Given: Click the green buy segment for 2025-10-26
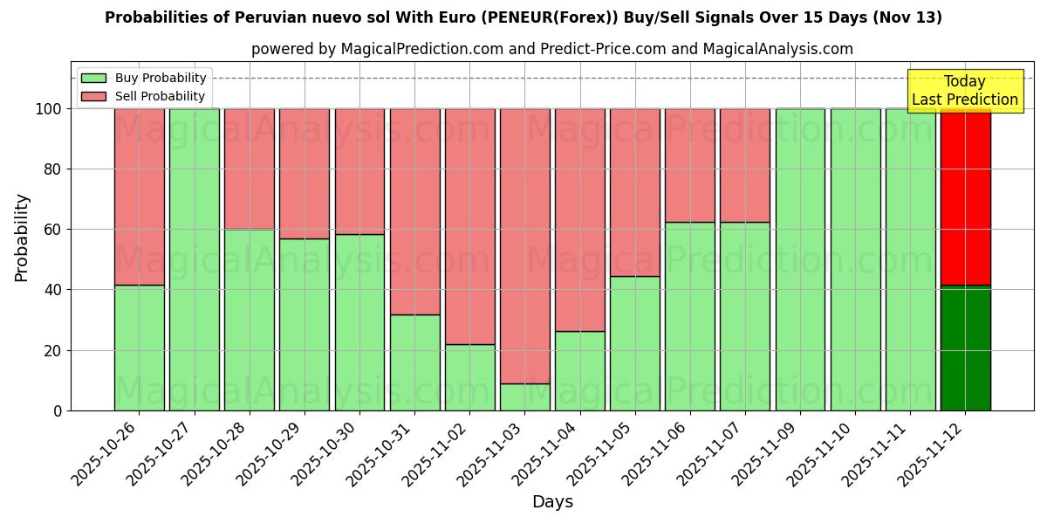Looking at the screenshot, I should click(x=139, y=348).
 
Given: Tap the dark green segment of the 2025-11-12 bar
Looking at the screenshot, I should click(x=965, y=348).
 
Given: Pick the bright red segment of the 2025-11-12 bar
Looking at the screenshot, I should click(x=965, y=196).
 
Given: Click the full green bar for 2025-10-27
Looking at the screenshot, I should click(x=195, y=259).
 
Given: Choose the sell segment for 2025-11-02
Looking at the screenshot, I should click(x=470, y=226).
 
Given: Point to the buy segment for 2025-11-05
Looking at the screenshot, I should click(x=635, y=343).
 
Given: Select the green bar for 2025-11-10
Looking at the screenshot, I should click(x=855, y=259).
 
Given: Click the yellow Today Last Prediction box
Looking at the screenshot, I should click(x=964, y=91).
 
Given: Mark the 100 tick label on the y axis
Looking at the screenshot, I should click(x=47, y=109).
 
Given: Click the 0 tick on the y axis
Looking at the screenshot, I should click(x=57, y=410).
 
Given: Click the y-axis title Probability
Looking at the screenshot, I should click(x=22, y=238).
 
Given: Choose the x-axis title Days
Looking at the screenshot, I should click(x=552, y=502).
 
